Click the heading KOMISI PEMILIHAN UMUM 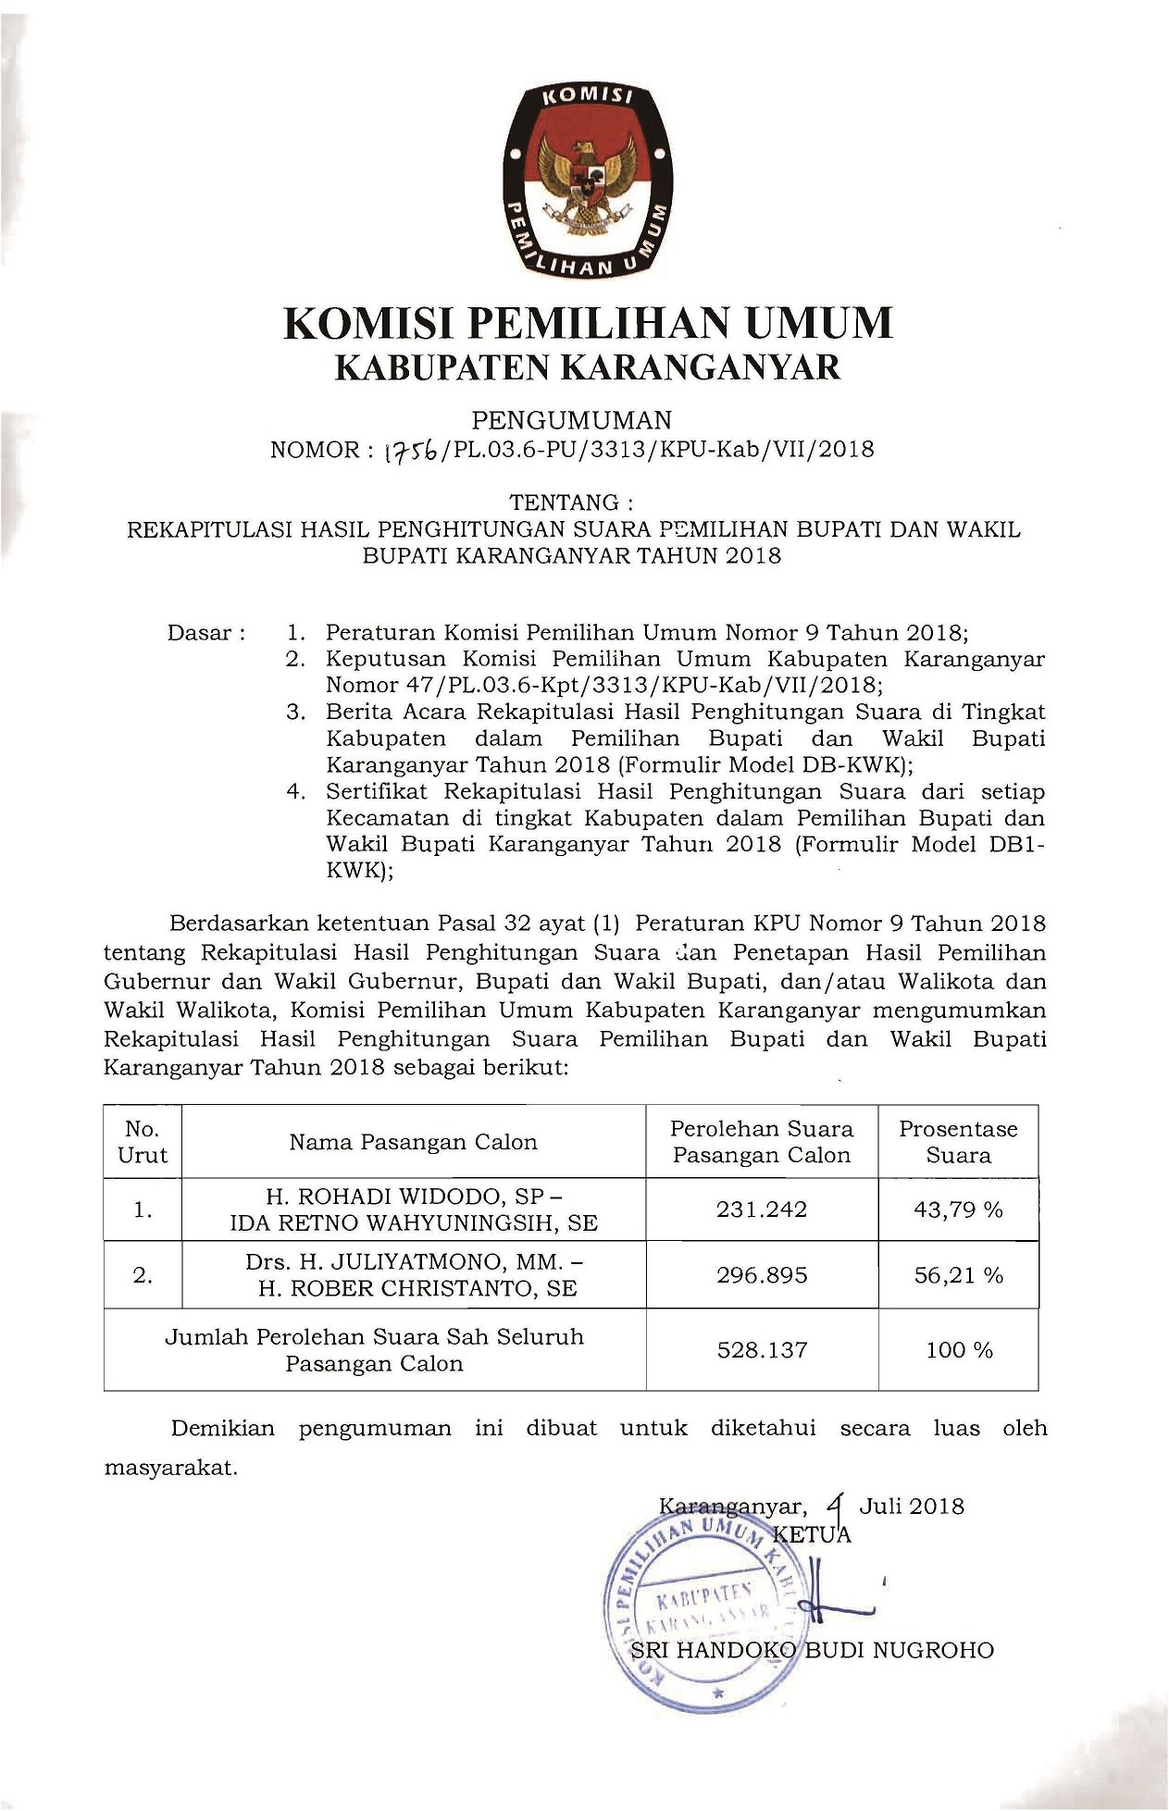[x=588, y=323]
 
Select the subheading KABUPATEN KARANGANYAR [x=587, y=367]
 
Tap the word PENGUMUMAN [x=571, y=421]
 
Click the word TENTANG [x=571, y=502]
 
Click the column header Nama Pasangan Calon [x=413, y=1142]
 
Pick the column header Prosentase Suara [x=958, y=1142]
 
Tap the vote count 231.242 [x=762, y=1209]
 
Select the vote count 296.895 [x=762, y=1275]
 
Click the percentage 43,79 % [x=958, y=1209]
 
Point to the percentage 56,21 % [x=958, y=1275]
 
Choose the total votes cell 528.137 [x=762, y=1350]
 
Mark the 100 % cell [x=959, y=1350]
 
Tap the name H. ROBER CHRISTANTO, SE [x=417, y=1288]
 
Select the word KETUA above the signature [x=812, y=1535]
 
